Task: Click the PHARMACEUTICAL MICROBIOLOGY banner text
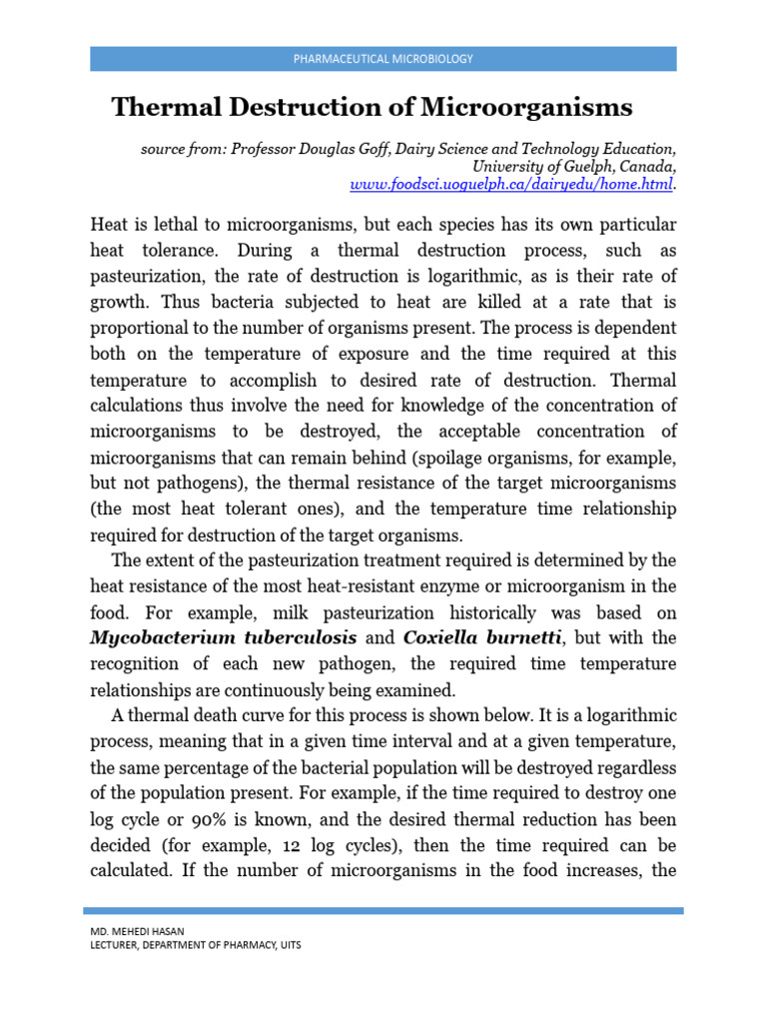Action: [x=383, y=59]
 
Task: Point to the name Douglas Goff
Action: [x=341, y=149]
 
